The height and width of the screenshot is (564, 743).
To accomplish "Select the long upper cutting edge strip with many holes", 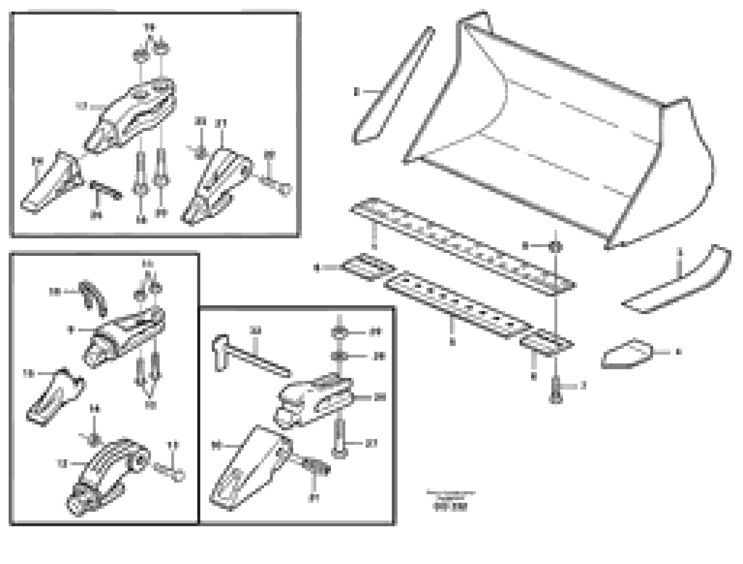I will click(460, 245).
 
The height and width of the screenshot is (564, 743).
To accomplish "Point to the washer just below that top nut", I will click(339, 356).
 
